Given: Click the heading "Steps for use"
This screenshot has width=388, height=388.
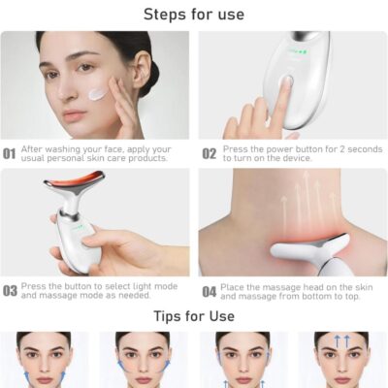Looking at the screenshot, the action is tap(194, 15).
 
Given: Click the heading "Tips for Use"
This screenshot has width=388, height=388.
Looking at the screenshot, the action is tap(194, 316).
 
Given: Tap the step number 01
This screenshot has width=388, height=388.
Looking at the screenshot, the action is tap(10, 154).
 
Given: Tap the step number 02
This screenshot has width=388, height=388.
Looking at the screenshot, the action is tap(210, 153).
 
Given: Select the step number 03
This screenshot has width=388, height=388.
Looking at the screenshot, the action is tap(10, 291).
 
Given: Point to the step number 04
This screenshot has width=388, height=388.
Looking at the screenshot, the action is tap(210, 292).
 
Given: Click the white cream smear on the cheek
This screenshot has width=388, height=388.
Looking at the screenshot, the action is tap(98, 94).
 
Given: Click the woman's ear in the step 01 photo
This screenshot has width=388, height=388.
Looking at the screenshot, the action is tap(141, 66).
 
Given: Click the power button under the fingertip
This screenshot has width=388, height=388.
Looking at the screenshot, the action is tap(286, 81).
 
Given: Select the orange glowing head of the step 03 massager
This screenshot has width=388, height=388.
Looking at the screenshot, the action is tap(75, 178).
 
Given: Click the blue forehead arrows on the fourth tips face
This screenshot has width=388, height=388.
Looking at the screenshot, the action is tap(341, 341).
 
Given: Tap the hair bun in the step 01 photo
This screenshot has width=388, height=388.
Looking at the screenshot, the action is tap(151, 76).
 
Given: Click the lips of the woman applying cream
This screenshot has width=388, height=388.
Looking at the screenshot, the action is tap(75, 114).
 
